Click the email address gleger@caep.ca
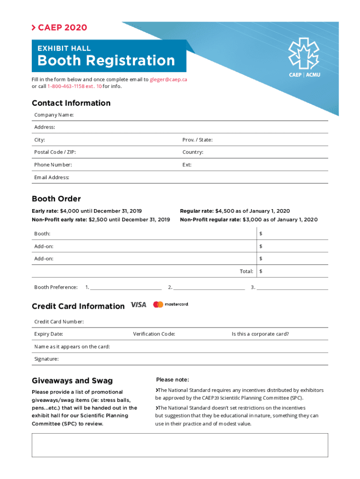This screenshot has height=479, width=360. [168, 80]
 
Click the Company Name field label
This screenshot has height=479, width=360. [54, 115]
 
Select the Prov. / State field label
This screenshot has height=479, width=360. [197, 140]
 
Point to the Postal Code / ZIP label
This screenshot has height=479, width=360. [55, 152]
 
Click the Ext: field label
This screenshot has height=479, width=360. [187, 165]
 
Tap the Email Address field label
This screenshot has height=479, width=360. [52, 177]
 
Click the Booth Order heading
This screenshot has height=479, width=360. [56, 199]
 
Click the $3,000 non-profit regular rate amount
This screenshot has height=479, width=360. [253, 219]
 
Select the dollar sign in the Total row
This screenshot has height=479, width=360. [261, 271]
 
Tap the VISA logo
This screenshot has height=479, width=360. [138, 305]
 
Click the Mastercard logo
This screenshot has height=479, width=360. [171, 305]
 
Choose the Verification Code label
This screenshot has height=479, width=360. [154, 334]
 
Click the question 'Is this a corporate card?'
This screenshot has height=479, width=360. [260, 334]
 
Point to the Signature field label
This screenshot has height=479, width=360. [46, 359]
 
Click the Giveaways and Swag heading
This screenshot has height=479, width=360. [72, 381]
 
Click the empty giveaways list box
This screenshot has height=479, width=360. [180, 445]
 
